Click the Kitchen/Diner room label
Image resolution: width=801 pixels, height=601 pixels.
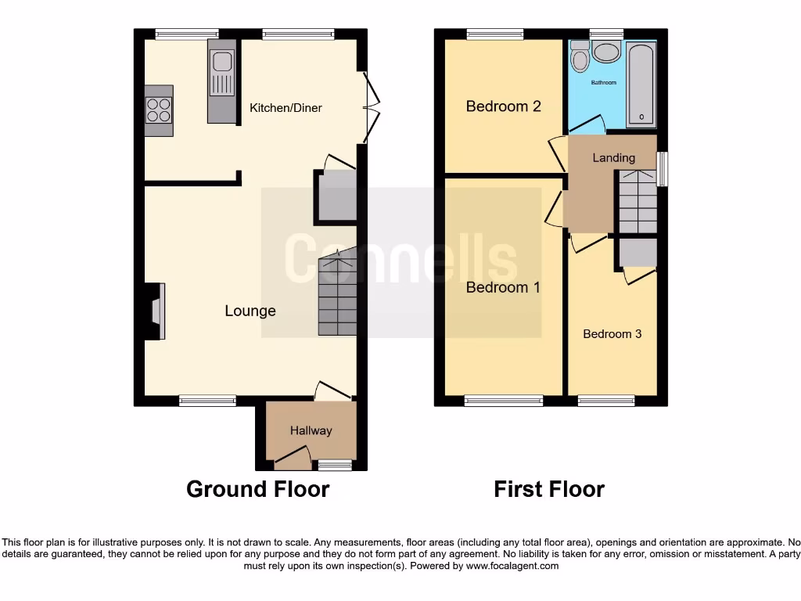tap(286, 108)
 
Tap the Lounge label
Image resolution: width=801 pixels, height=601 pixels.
tap(250, 311)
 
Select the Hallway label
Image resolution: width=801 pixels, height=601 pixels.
tap(311, 430)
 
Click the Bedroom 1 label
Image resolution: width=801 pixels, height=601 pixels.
tap(503, 287)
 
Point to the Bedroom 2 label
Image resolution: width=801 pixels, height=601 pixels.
tap(503, 106)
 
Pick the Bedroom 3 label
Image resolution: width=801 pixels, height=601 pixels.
tap(612, 334)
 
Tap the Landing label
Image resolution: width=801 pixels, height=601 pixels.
tap(613, 158)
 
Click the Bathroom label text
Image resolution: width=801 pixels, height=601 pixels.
tap(603, 83)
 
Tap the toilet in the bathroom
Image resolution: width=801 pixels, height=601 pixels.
tap(580, 57)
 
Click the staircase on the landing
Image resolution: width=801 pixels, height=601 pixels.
tap(638, 202)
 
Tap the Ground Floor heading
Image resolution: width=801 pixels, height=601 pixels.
tap(257, 489)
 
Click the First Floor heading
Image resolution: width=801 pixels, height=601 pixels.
tap(549, 489)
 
